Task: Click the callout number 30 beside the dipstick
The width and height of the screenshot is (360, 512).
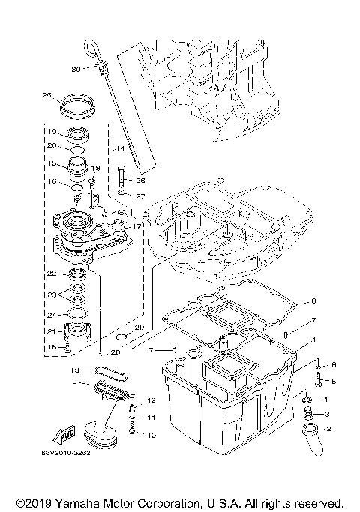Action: pos(75,69)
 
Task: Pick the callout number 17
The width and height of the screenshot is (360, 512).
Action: pos(136,226)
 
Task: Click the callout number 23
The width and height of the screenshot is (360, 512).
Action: pos(51,293)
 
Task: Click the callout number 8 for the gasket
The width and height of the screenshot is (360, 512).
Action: pos(313,301)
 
